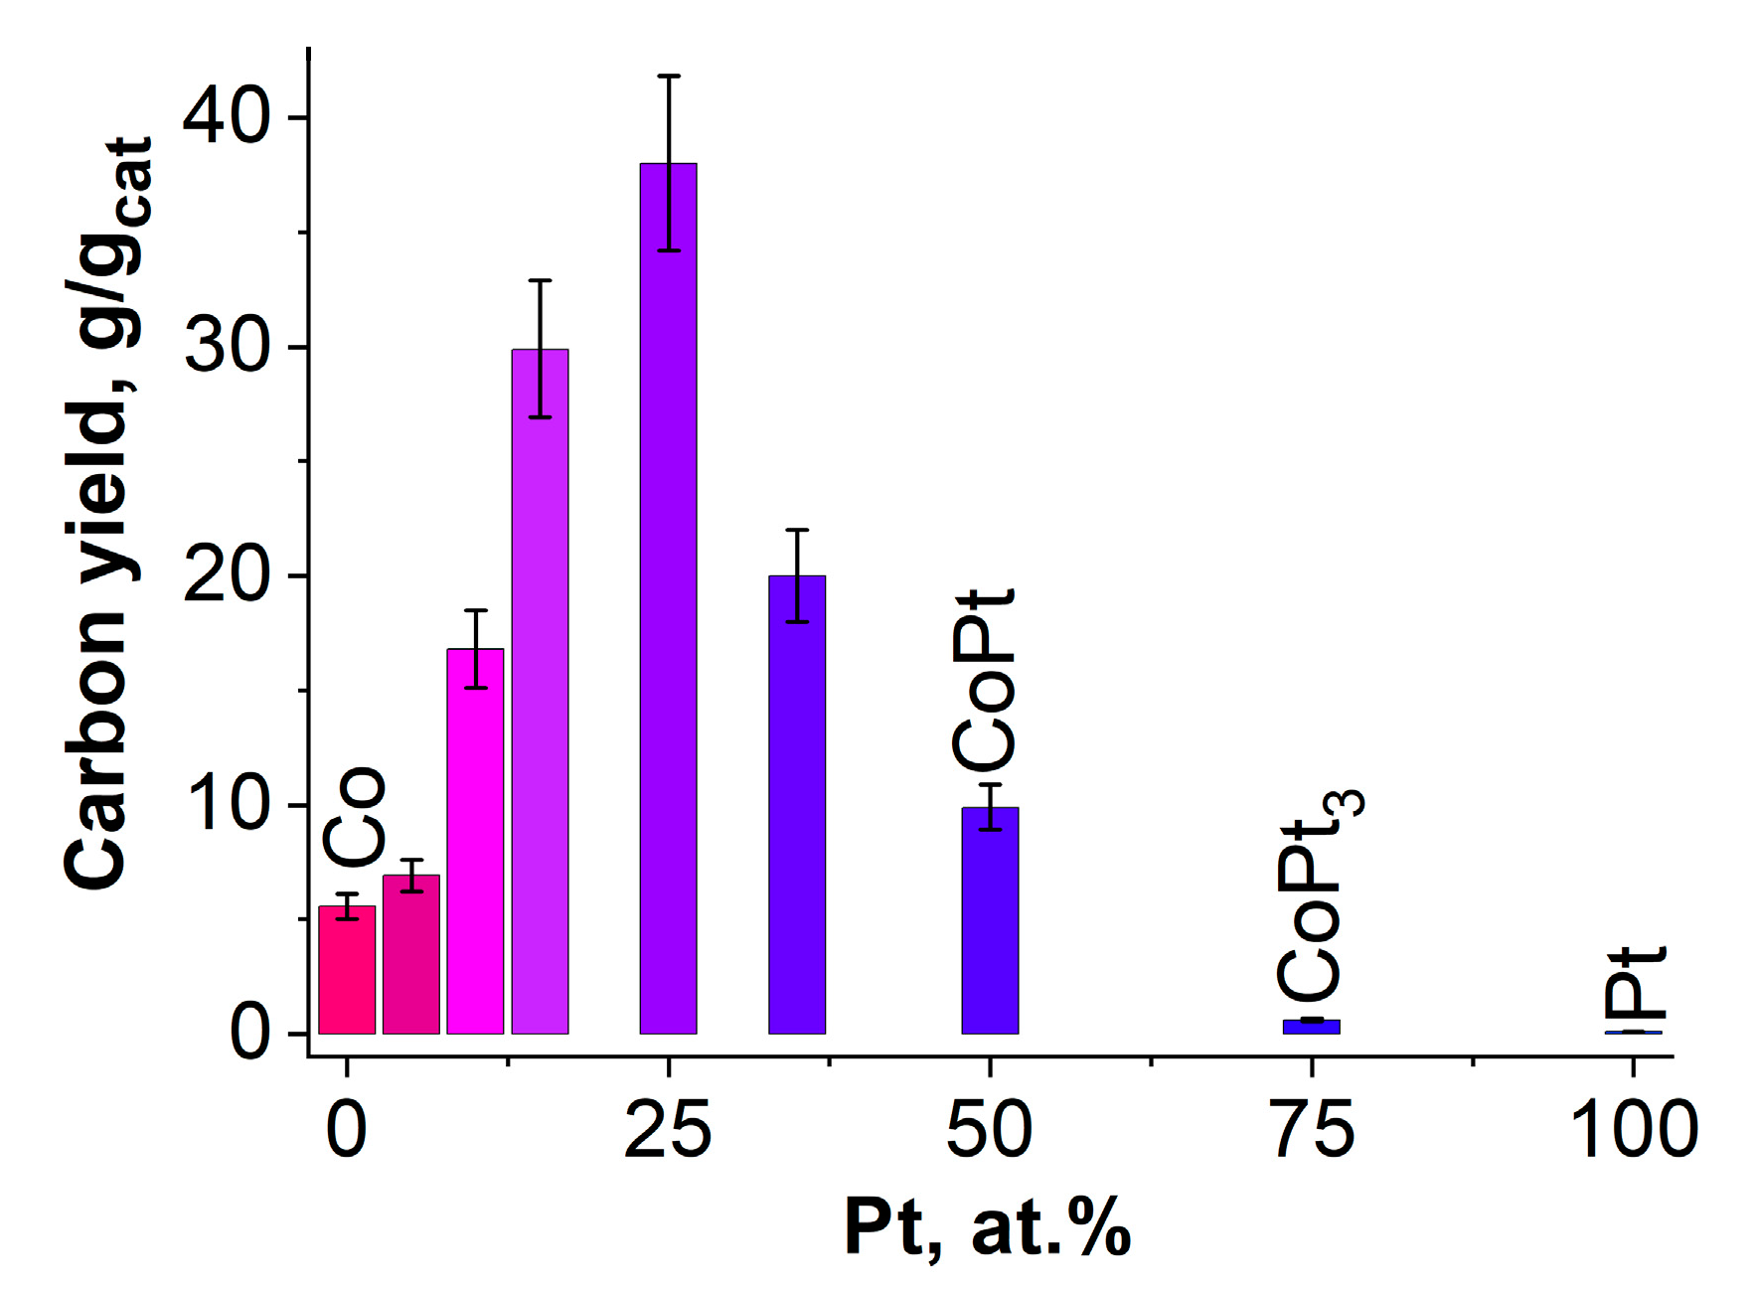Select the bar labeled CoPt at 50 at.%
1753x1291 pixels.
tap(990, 924)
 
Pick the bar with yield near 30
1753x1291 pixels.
tap(540, 696)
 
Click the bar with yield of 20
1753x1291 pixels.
tap(797, 805)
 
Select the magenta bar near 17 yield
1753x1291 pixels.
tap(475, 845)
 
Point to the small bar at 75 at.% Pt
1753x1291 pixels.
tap(1311, 1027)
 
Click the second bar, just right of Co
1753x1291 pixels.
tap(411, 954)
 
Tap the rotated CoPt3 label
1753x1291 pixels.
tap(1317, 894)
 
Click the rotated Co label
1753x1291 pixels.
tap(354, 815)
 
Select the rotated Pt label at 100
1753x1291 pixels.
tap(1636, 984)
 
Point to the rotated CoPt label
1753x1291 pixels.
tap(984, 681)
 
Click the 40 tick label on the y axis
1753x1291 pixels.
tap(227, 118)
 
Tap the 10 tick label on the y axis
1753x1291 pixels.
tap(227, 804)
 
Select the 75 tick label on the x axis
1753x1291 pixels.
tap(1313, 1130)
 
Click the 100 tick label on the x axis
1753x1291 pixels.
tap(1633, 1130)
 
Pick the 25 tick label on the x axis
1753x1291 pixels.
tap(668, 1130)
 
